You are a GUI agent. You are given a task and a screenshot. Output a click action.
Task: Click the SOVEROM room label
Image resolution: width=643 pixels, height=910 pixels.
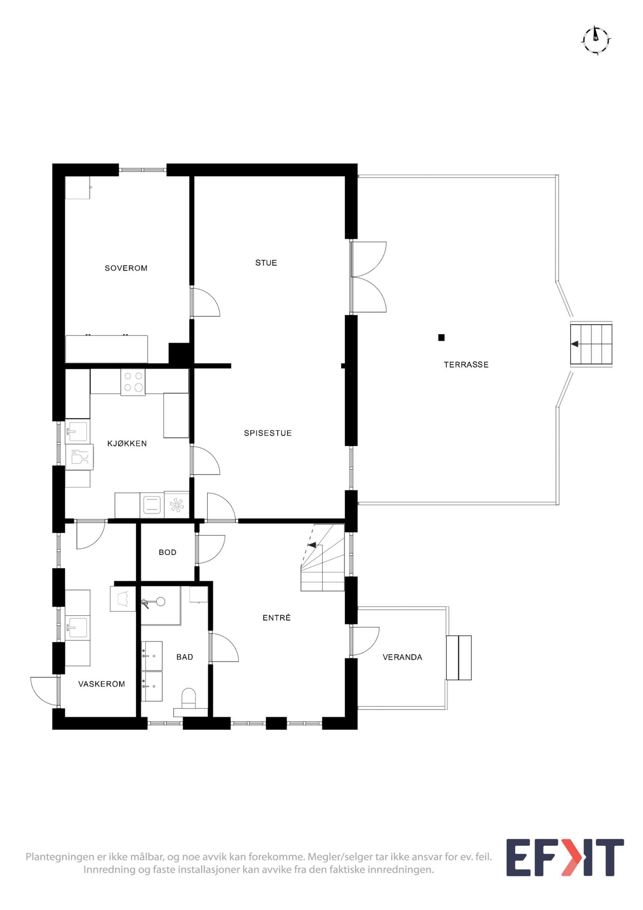click(126, 268)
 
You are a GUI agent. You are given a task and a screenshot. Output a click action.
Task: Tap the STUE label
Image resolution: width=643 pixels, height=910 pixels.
click(266, 263)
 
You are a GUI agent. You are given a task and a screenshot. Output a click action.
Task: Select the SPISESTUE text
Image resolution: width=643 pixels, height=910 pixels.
click(268, 433)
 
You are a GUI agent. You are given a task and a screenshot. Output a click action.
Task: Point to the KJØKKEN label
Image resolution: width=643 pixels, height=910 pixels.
click(127, 444)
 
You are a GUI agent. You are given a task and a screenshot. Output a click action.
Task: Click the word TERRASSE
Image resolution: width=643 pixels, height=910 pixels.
click(466, 365)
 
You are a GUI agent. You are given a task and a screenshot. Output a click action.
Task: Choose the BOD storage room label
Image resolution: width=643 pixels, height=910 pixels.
click(168, 552)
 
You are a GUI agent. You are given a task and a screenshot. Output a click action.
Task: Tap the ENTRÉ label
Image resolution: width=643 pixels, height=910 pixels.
click(276, 618)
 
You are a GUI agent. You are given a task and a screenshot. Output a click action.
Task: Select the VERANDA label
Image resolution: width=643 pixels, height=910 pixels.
click(403, 657)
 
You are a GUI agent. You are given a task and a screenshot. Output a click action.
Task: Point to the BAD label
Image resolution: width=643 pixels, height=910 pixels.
click(185, 657)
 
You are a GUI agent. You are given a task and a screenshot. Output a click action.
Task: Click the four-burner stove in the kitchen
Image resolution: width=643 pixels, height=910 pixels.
click(133, 382)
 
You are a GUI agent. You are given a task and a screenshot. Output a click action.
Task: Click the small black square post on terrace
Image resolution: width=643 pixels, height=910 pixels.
click(441, 338)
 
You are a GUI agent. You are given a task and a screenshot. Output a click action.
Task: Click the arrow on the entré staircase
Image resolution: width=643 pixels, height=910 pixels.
click(312, 545)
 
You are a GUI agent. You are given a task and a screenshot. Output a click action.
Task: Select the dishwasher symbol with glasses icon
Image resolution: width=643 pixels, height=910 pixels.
click(79, 457)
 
